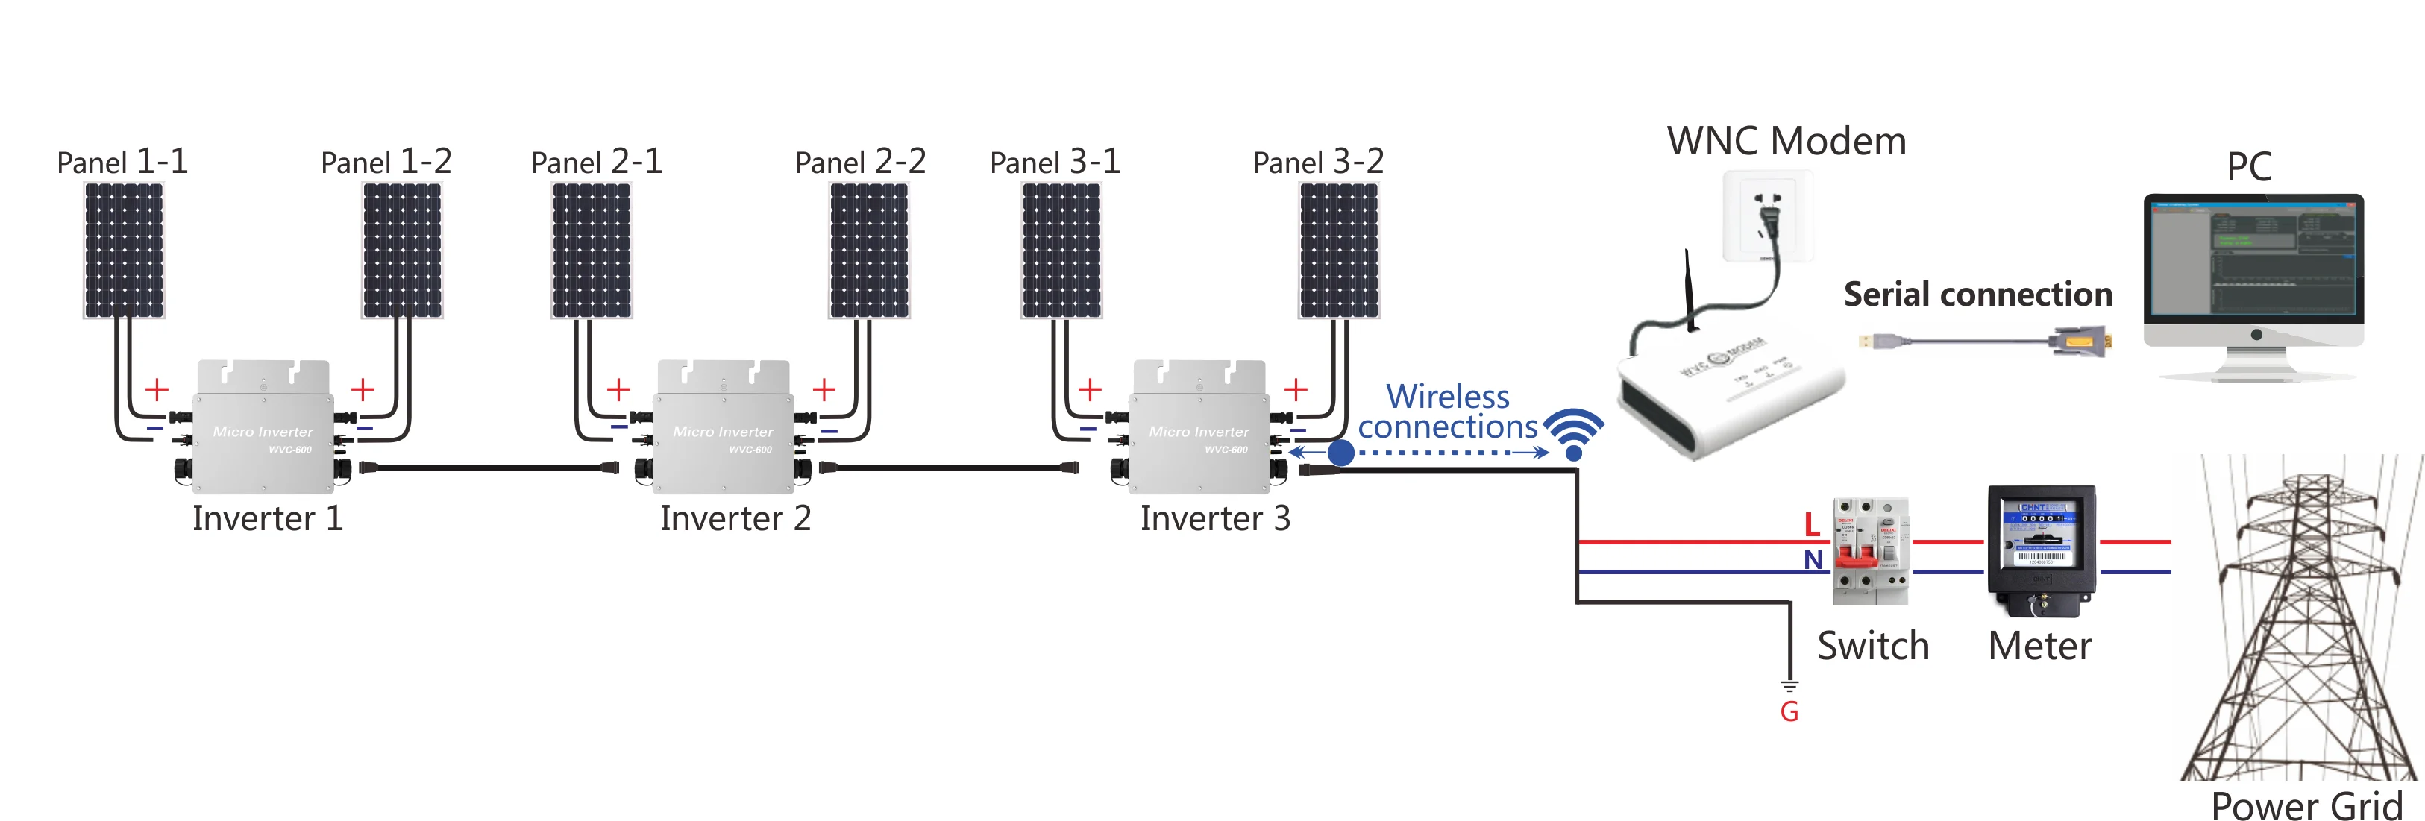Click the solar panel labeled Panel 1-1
click(x=123, y=250)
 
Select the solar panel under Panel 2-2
click(x=869, y=250)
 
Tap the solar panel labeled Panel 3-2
click(x=1339, y=250)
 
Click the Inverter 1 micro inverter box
click(x=263, y=428)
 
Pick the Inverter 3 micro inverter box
click(x=1199, y=428)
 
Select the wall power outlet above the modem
click(x=1768, y=216)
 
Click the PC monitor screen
click(x=2253, y=259)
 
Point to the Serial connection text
click(x=1977, y=295)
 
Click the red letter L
click(x=1811, y=524)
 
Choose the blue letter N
click(x=1813, y=560)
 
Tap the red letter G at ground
click(x=1789, y=712)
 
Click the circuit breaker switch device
click(x=1871, y=552)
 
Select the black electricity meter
click(x=2041, y=551)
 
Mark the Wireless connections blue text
click(x=1447, y=412)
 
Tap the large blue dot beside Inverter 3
click(x=1340, y=453)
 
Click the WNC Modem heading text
click(x=1786, y=141)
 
